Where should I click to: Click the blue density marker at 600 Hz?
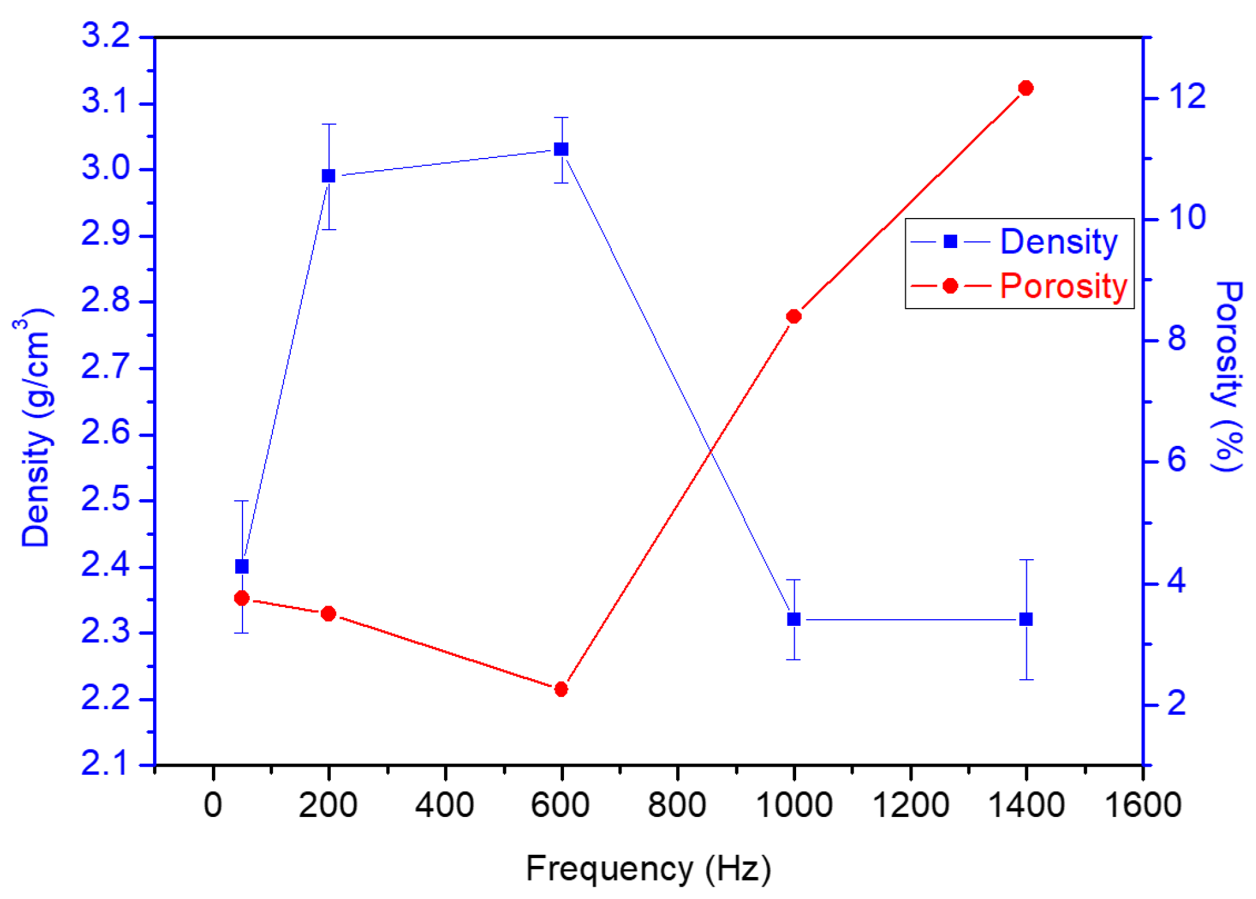coord(561,149)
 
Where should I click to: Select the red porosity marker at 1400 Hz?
coord(1026,88)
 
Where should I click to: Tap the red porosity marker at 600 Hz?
coord(561,690)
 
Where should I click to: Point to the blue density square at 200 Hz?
coord(329,176)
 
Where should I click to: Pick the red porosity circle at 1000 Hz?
coord(794,317)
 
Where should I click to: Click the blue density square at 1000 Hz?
coord(794,620)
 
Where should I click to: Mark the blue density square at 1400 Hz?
coord(1026,620)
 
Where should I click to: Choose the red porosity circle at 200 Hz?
coord(329,614)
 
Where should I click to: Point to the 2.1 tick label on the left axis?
coord(106,764)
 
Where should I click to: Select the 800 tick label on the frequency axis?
coord(677,805)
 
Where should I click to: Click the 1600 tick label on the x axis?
coord(1142,805)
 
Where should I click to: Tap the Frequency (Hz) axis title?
coord(648,868)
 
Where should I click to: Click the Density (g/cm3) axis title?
coord(36,429)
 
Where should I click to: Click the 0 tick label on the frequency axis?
coord(212,805)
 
